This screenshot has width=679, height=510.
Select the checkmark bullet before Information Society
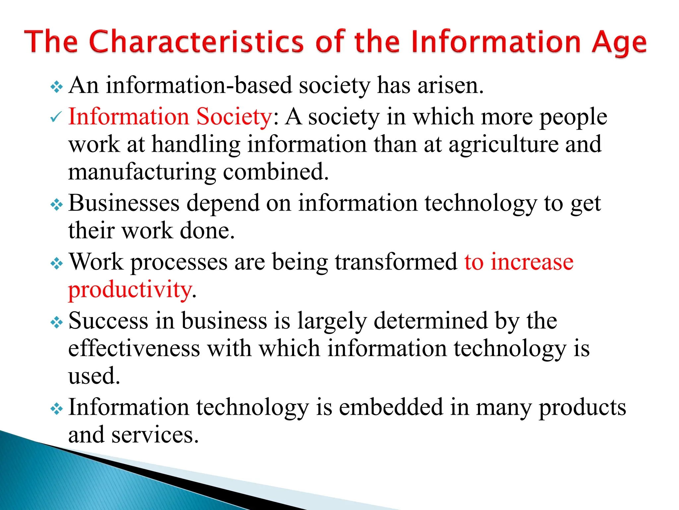tap(56, 117)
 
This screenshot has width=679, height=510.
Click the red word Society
tap(234, 117)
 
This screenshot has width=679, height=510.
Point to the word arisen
tap(450, 85)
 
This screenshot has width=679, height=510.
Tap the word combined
tap(276, 172)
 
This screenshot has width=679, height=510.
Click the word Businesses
tap(124, 203)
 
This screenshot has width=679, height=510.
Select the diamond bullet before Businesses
tap(56, 205)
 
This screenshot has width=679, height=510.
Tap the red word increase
tap(532, 262)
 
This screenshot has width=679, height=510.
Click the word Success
tap(108, 321)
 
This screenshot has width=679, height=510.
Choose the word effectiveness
tap(134, 349)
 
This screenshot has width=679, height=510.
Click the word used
tap(94, 376)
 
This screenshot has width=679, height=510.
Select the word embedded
tap(391, 407)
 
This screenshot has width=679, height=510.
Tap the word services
tap(155, 435)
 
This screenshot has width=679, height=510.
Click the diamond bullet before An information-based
tap(56, 87)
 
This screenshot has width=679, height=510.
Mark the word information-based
tap(199, 85)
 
